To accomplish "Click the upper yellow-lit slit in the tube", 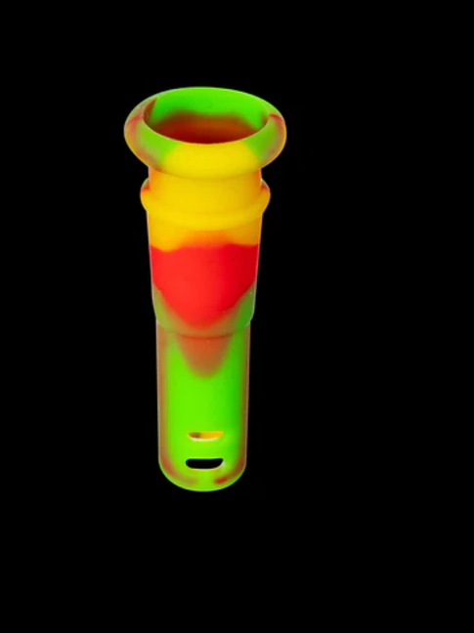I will (205, 435).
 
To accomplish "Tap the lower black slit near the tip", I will (205, 463).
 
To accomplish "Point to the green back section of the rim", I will (205, 97).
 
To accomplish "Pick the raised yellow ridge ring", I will (204, 200).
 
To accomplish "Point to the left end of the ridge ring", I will (144, 197).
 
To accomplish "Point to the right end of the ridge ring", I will (267, 197).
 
